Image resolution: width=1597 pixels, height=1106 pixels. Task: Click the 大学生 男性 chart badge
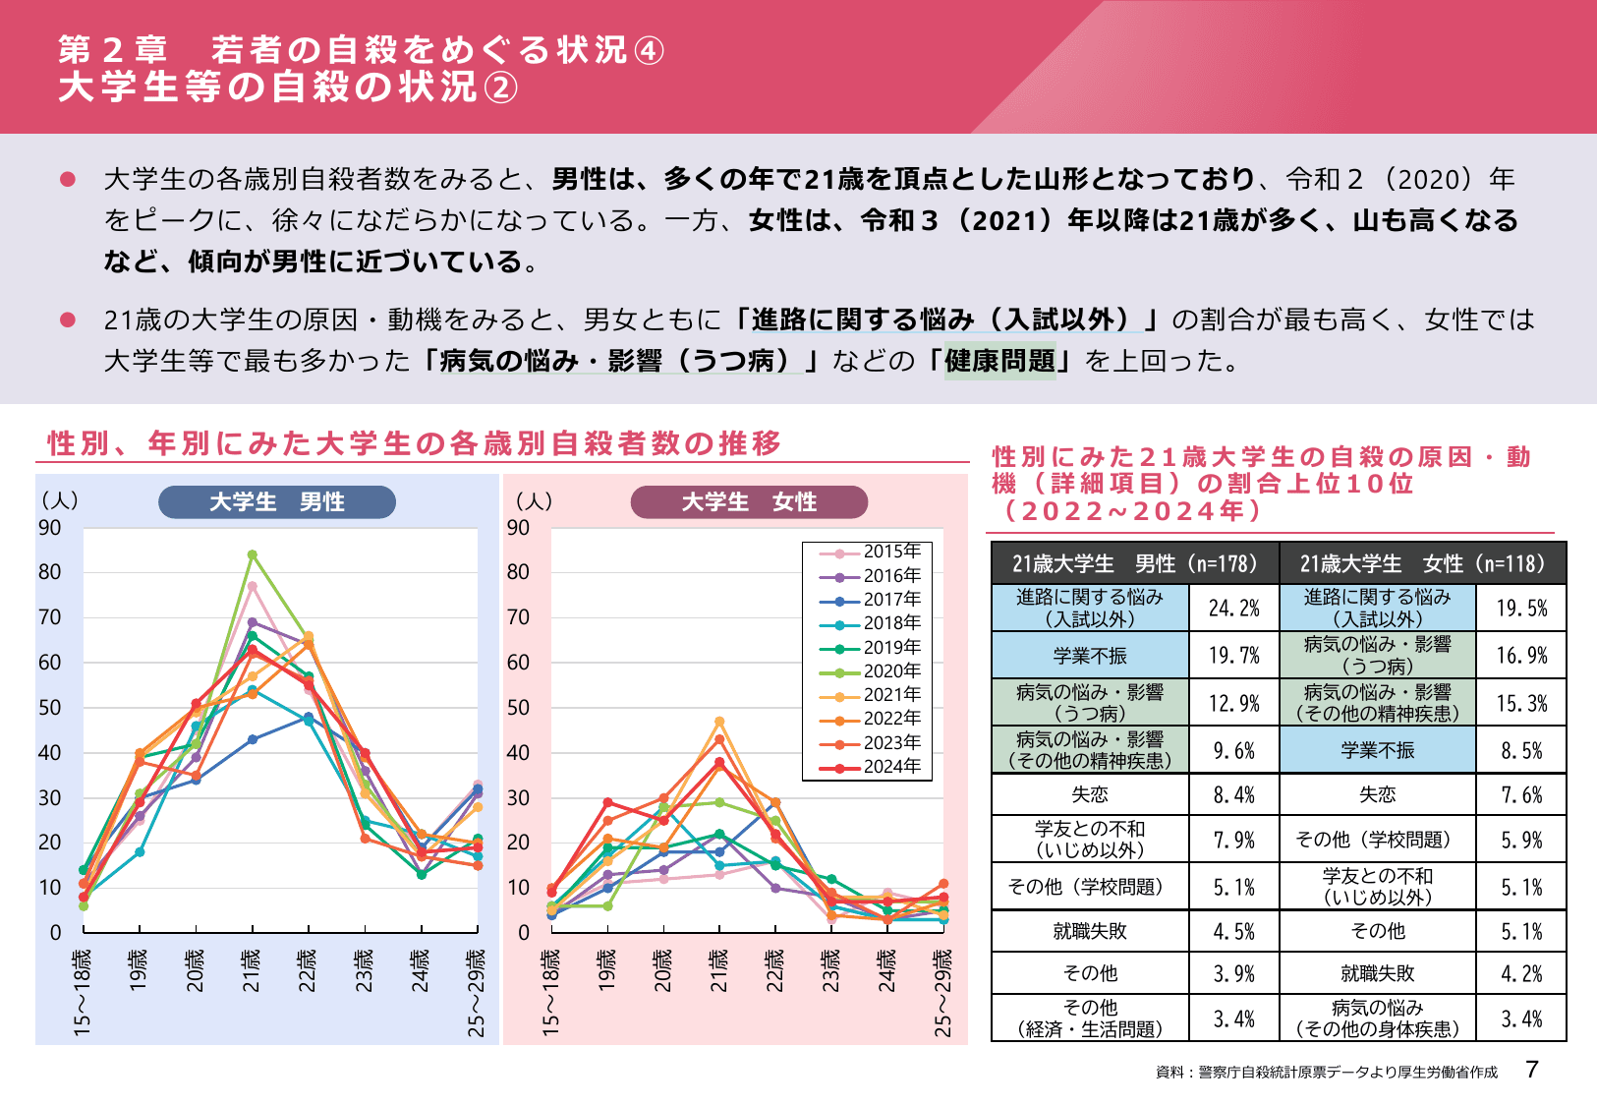pos(276,502)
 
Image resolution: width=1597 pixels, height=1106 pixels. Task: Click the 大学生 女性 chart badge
pos(749,502)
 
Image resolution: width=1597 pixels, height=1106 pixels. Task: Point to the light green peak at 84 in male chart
pos(253,554)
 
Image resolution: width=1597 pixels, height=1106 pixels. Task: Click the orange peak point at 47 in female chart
pos(719,722)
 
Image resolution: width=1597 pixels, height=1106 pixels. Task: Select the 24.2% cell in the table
pos(1233,609)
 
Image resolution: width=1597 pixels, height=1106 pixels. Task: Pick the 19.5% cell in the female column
pos(1520,609)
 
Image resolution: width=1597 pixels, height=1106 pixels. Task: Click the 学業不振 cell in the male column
pos(1090,656)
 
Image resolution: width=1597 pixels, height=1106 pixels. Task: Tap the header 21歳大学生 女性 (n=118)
pos(1422,564)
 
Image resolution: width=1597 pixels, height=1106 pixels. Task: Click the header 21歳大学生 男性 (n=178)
pos(1134,564)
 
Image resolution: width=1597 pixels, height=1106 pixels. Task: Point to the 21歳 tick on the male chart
pos(253,970)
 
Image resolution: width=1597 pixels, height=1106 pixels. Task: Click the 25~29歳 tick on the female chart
pos(943,991)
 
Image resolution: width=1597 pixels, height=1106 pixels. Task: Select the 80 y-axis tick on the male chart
pos(49,572)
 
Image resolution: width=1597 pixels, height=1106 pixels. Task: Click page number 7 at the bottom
pos(1532,1070)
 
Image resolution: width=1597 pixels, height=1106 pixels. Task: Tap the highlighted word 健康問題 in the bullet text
pos(999,361)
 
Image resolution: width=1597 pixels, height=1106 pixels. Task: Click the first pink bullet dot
pos(68,179)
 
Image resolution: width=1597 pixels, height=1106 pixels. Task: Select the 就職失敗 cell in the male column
pos(1090,931)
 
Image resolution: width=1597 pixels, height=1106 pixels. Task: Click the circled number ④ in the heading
pos(649,50)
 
